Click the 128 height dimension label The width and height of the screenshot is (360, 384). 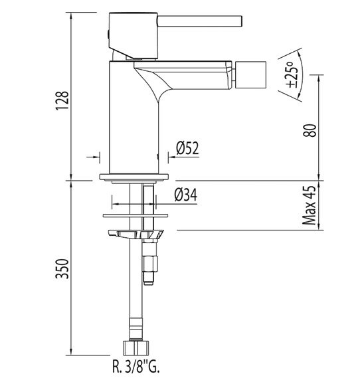pyautogui.click(x=62, y=101)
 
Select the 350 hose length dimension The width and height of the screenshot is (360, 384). pyautogui.click(x=62, y=268)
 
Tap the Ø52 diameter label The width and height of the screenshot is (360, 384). pyautogui.click(x=187, y=148)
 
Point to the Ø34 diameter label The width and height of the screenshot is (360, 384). pyautogui.click(x=186, y=195)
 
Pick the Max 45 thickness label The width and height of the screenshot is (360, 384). pyautogui.click(x=310, y=205)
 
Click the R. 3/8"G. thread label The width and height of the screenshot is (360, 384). pyautogui.click(x=136, y=367)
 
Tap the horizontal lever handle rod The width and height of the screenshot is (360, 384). pyautogui.click(x=199, y=21)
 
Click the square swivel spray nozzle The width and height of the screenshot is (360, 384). pyautogui.click(x=250, y=74)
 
